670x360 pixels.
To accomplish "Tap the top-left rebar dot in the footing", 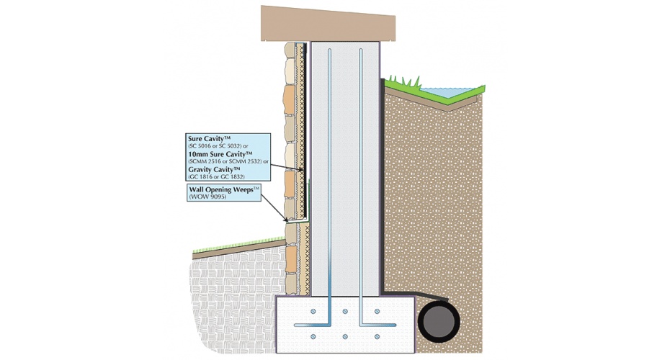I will (x=313, y=310).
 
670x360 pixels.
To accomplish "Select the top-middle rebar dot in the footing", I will (x=345, y=310).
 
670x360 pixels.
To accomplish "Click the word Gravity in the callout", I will (x=205, y=169).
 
